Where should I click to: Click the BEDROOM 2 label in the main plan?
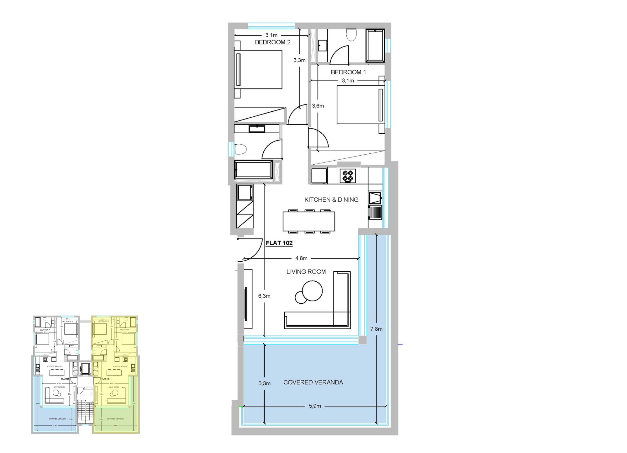272,42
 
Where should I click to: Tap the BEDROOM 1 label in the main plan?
348,72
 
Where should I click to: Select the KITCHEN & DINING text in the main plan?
331,200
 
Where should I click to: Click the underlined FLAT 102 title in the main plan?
279,243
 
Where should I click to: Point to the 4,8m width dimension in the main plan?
301,258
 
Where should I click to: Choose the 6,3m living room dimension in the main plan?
264,296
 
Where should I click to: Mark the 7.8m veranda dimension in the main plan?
376,329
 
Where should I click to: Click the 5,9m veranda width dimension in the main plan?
315,406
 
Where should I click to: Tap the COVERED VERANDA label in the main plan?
313,382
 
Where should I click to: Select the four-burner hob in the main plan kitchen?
348,176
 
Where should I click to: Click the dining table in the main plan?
309,221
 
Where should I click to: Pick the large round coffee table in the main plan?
312,290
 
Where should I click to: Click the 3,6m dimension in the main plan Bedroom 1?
318,106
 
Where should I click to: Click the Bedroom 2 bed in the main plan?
258,70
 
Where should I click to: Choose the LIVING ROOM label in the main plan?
306,272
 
